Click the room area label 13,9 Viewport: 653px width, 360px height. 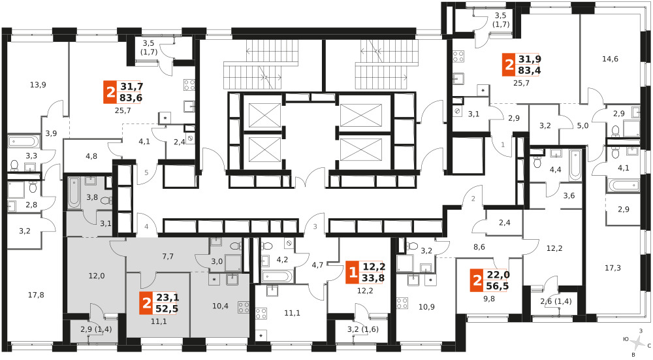coord(38,85)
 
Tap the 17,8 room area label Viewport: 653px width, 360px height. coord(36,295)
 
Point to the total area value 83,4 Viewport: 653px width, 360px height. coord(530,71)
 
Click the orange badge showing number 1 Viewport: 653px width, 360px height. coord(353,273)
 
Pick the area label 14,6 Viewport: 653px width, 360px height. coord(610,59)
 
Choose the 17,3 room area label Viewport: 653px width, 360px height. coord(613,268)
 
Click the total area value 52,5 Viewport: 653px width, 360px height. coord(167,309)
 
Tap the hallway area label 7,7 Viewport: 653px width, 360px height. coord(168,257)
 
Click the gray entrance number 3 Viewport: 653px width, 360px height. coord(315,227)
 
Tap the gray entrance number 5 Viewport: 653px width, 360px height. coord(146,172)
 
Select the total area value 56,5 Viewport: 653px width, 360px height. coord(498,286)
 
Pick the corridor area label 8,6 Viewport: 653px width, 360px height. coord(479,247)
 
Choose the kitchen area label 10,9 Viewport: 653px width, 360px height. coord(426,307)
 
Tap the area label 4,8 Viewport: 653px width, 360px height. coord(91,156)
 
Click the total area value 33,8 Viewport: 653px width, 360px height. coord(374,278)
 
